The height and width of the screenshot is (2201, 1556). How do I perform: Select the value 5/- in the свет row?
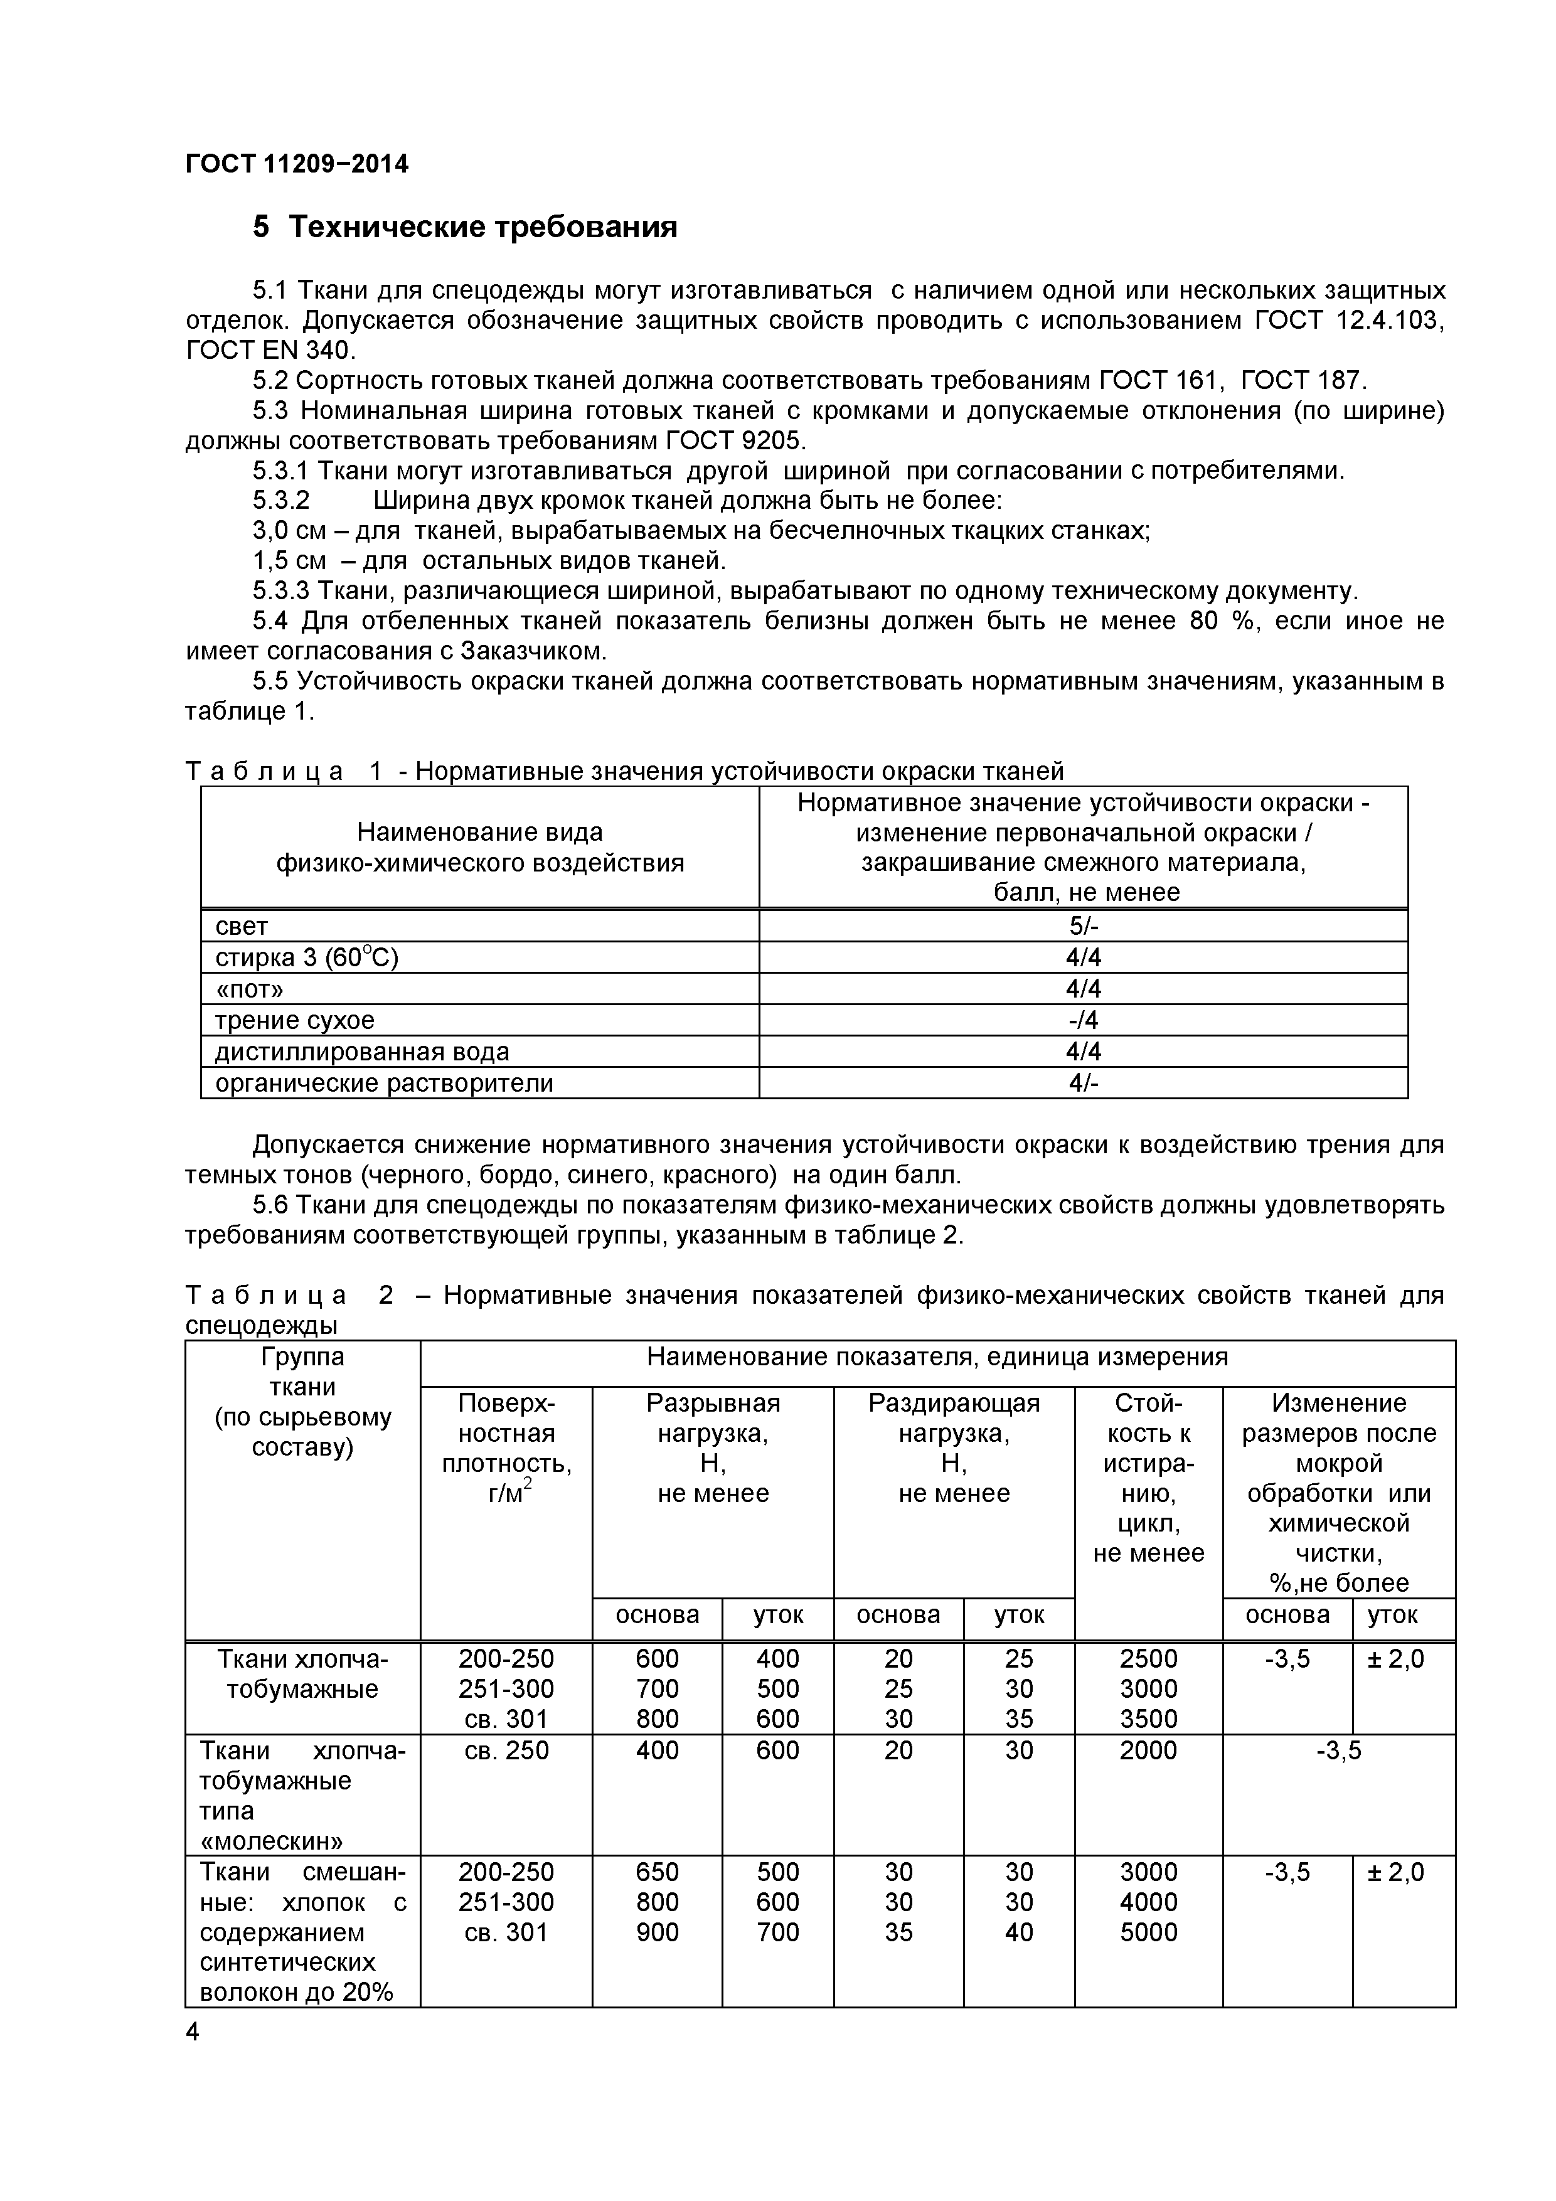point(1084,926)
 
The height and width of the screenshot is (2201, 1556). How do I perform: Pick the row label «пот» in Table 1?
point(249,989)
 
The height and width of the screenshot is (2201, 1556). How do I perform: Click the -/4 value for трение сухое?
point(1084,1020)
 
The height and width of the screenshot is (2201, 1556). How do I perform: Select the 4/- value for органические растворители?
point(1084,1083)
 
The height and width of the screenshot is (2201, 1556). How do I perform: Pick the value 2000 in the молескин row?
point(1149,1751)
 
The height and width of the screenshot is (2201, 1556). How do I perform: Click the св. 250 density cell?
point(506,1751)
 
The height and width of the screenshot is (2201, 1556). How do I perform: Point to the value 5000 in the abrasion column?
point(1149,1932)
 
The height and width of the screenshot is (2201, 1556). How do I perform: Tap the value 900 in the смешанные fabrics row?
point(657,1932)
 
